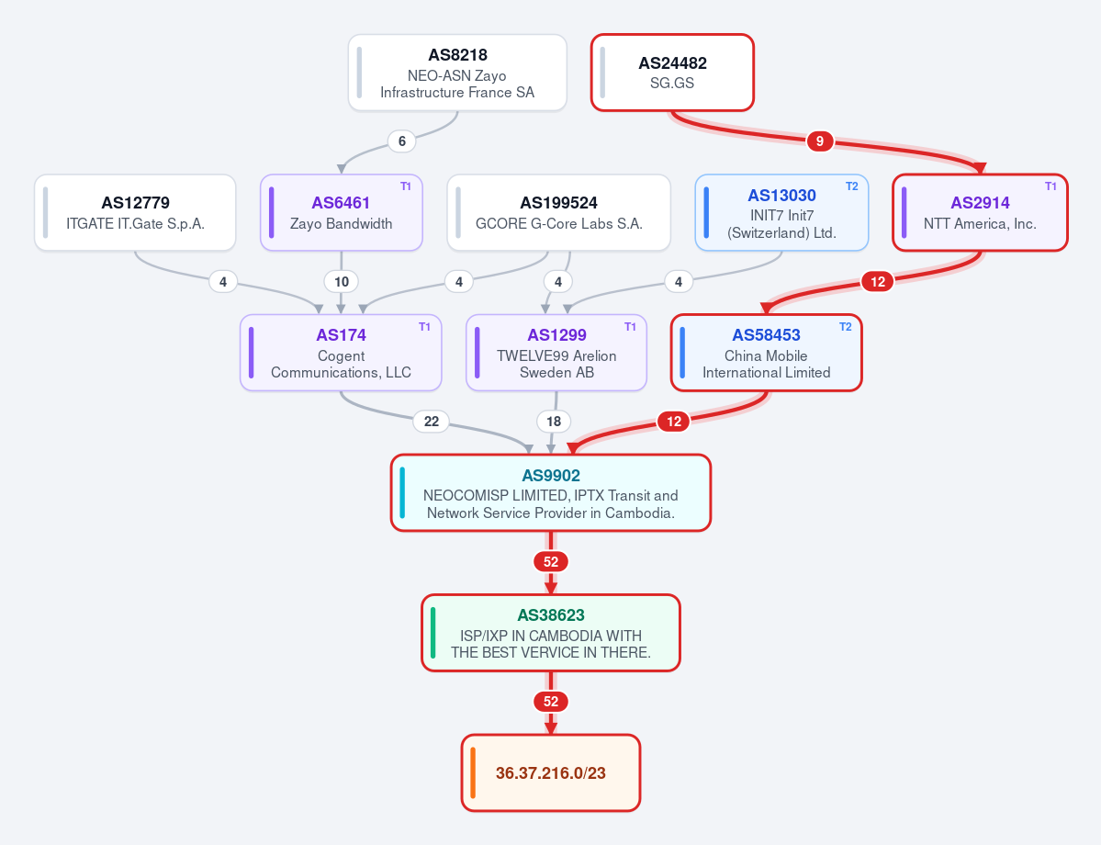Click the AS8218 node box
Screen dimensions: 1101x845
(457, 73)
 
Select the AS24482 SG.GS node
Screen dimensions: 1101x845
(673, 73)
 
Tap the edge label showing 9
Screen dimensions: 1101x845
(819, 141)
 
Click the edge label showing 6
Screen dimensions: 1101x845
(401, 141)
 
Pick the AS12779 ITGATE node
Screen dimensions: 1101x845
(135, 212)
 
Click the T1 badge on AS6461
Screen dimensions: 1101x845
(406, 186)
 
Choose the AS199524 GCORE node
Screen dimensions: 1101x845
(559, 212)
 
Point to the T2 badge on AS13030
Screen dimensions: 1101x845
(852, 186)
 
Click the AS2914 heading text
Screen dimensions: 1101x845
(980, 203)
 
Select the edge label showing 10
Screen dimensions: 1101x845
(342, 282)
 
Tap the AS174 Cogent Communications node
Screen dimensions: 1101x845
(341, 353)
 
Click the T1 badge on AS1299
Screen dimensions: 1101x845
(630, 327)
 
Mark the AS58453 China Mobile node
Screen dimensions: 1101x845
(766, 353)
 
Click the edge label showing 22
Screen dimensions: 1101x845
(432, 422)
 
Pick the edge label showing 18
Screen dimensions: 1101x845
(554, 422)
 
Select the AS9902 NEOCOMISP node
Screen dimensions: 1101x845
(551, 493)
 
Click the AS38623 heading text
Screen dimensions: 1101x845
(551, 615)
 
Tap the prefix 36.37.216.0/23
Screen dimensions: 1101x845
(551, 773)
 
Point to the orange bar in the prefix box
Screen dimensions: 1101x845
(473, 773)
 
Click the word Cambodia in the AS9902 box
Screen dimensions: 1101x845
(640, 513)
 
